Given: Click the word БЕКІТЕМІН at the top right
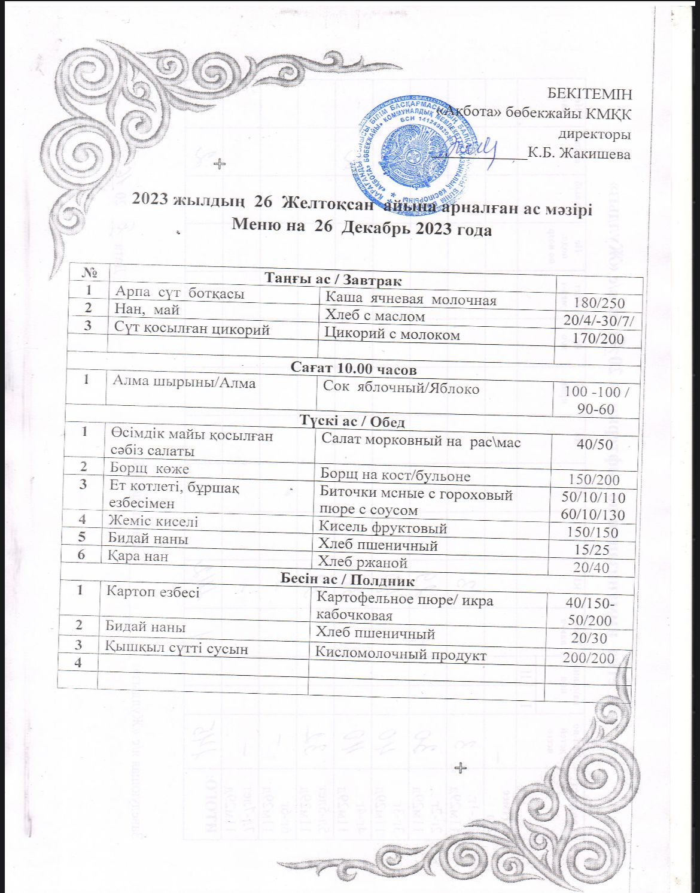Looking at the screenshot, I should (589, 94).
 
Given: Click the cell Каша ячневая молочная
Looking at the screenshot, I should (410, 299).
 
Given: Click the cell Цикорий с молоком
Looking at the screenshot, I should (392, 335).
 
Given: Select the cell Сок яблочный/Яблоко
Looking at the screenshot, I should (401, 388).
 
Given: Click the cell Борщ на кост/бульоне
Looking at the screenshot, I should (395, 476).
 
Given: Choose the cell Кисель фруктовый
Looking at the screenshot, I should (382, 528).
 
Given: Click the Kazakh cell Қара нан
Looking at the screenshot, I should (138, 556).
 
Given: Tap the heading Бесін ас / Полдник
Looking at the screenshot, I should (340, 579).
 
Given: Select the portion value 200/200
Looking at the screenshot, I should (589, 658).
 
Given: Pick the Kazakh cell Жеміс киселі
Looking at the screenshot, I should (153, 521).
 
